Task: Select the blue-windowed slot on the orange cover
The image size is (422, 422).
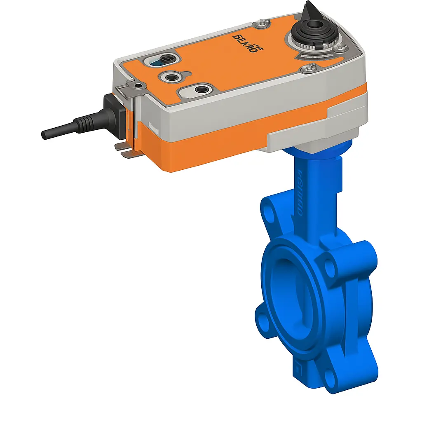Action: [159, 62]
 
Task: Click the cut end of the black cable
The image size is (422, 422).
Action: [44, 135]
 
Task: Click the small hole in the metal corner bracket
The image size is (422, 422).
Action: [139, 85]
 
